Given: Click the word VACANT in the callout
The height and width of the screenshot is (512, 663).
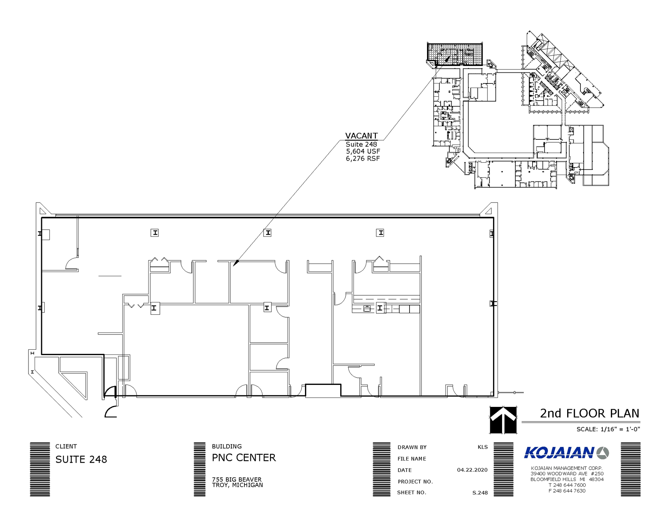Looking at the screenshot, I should pyautogui.click(x=361, y=136).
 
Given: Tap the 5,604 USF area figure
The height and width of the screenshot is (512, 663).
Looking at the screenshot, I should pyautogui.click(x=363, y=151).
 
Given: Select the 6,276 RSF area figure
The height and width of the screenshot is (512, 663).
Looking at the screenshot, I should pyautogui.click(x=363, y=158).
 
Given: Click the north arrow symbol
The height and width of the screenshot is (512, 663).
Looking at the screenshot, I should pyautogui.click(x=503, y=419).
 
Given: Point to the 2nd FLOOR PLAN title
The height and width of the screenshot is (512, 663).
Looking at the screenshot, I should pyautogui.click(x=590, y=413).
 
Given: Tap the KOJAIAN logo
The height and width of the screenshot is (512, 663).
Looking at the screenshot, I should pyautogui.click(x=566, y=452).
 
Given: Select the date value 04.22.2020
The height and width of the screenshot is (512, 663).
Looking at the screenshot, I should pyautogui.click(x=472, y=470).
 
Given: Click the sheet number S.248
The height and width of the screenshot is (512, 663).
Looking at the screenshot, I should pyautogui.click(x=480, y=493).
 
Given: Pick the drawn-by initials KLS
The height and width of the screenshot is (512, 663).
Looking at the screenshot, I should pyautogui.click(x=482, y=447).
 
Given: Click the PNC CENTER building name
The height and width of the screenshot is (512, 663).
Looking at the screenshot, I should pyautogui.click(x=244, y=458).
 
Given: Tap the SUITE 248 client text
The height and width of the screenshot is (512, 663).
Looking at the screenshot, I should pyautogui.click(x=81, y=459).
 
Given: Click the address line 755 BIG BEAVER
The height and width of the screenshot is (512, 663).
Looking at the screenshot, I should pyautogui.click(x=237, y=479).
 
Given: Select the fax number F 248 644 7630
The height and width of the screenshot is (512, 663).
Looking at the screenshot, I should pyautogui.click(x=567, y=491).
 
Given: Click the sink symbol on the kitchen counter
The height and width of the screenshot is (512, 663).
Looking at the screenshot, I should pyautogui.click(x=367, y=309).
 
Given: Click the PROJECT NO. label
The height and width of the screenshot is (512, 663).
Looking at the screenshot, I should pyautogui.click(x=415, y=482).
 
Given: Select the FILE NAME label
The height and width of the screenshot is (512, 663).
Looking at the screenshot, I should pyautogui.click(x=411, y=459).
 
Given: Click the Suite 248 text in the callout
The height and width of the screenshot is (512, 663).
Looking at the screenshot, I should pyautogui.click(x=361, y=144).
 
